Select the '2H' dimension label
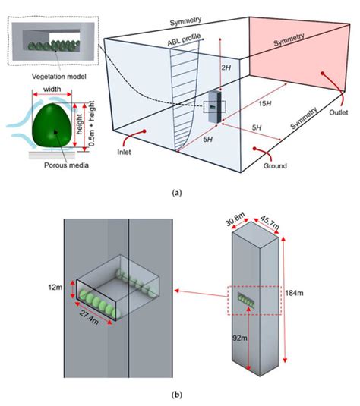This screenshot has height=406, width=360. point(226,68)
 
